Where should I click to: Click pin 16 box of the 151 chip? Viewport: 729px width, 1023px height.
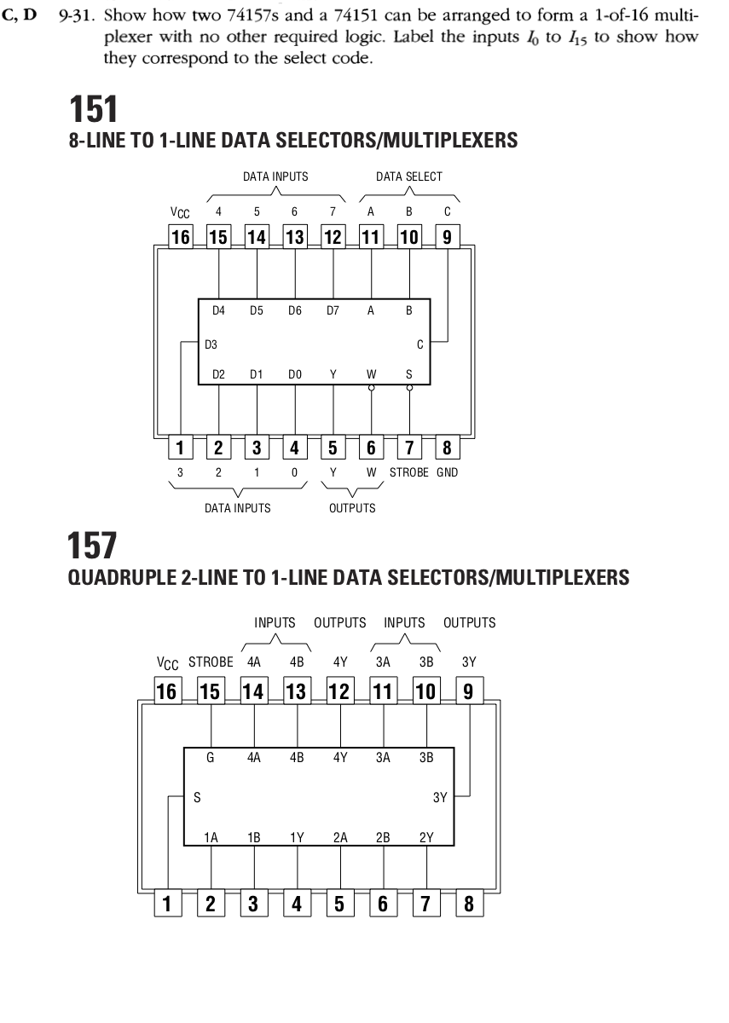[x=181, y=237]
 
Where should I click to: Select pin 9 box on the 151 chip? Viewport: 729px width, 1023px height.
[x=447, y=237]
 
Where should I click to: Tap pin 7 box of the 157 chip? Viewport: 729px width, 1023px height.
[x=426, y=903]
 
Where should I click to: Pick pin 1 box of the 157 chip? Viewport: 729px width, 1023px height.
[x=168, y=903]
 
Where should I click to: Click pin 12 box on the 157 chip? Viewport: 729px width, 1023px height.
[x=340, y=691]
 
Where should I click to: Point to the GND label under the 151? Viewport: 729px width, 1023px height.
[x=447, y=472]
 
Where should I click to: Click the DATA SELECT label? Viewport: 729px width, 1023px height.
[x=408, y=176]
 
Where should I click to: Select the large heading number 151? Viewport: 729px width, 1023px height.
[x=94, y=109]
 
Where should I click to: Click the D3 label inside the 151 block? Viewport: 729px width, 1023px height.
[x=211, y=344]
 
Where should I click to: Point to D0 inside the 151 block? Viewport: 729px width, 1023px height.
[x=295, y=374]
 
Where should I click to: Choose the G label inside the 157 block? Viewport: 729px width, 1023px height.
[x=210, y=757]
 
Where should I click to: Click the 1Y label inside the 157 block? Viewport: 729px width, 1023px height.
[x=297, y=837]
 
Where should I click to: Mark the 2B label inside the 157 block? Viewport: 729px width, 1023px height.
[x=383, y=837]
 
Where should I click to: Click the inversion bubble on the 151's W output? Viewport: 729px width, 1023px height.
[x=372, y=388]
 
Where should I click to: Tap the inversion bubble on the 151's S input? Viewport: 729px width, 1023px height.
[x=410, y=388]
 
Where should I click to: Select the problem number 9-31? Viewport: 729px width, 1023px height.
[x=76, y=16]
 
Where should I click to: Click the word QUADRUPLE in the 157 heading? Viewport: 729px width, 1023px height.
[x=120, y=578]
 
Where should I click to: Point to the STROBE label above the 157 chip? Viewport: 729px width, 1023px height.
[x=211, y=662]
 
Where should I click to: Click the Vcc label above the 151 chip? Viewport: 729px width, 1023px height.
[x=180, y=212]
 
